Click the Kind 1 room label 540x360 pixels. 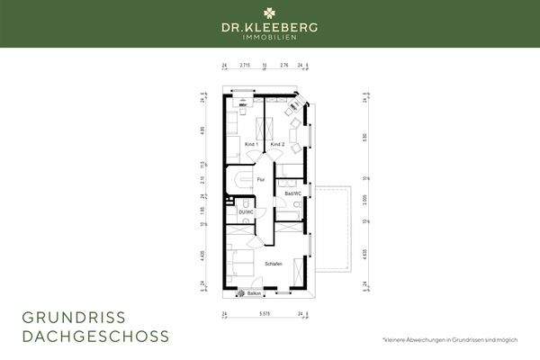(252, 145)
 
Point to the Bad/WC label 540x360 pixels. (292, 193)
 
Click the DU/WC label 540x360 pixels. (247, 211)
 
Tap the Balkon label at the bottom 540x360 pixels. (253, 293)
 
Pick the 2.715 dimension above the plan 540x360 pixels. (244, 66)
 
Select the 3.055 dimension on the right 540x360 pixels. (364, 199)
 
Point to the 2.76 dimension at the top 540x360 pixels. (283, 66)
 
